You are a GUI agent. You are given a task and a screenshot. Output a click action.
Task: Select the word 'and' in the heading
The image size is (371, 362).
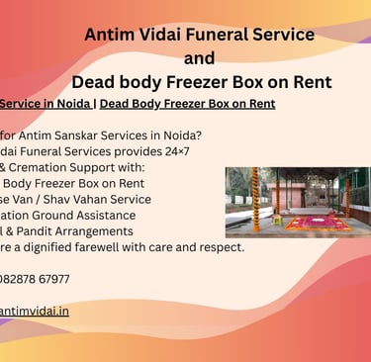pyautogui.click(x=199, y=57)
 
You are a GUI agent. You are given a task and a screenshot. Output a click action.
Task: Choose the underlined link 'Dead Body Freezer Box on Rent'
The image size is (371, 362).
pyautogui.click(x=187, y=104)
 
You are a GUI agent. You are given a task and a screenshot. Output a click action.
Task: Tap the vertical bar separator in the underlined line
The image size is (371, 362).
pyautogui.click(x=95, y=104)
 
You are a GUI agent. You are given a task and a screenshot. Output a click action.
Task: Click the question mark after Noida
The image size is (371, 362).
pyautogui.click(x=203, y=136)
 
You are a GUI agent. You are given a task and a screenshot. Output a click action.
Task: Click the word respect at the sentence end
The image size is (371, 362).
pyautogui.click(x=221, y=246)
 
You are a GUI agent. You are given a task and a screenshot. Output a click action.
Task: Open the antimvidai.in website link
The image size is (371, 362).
pyautogui.click(x=34, y=311)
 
